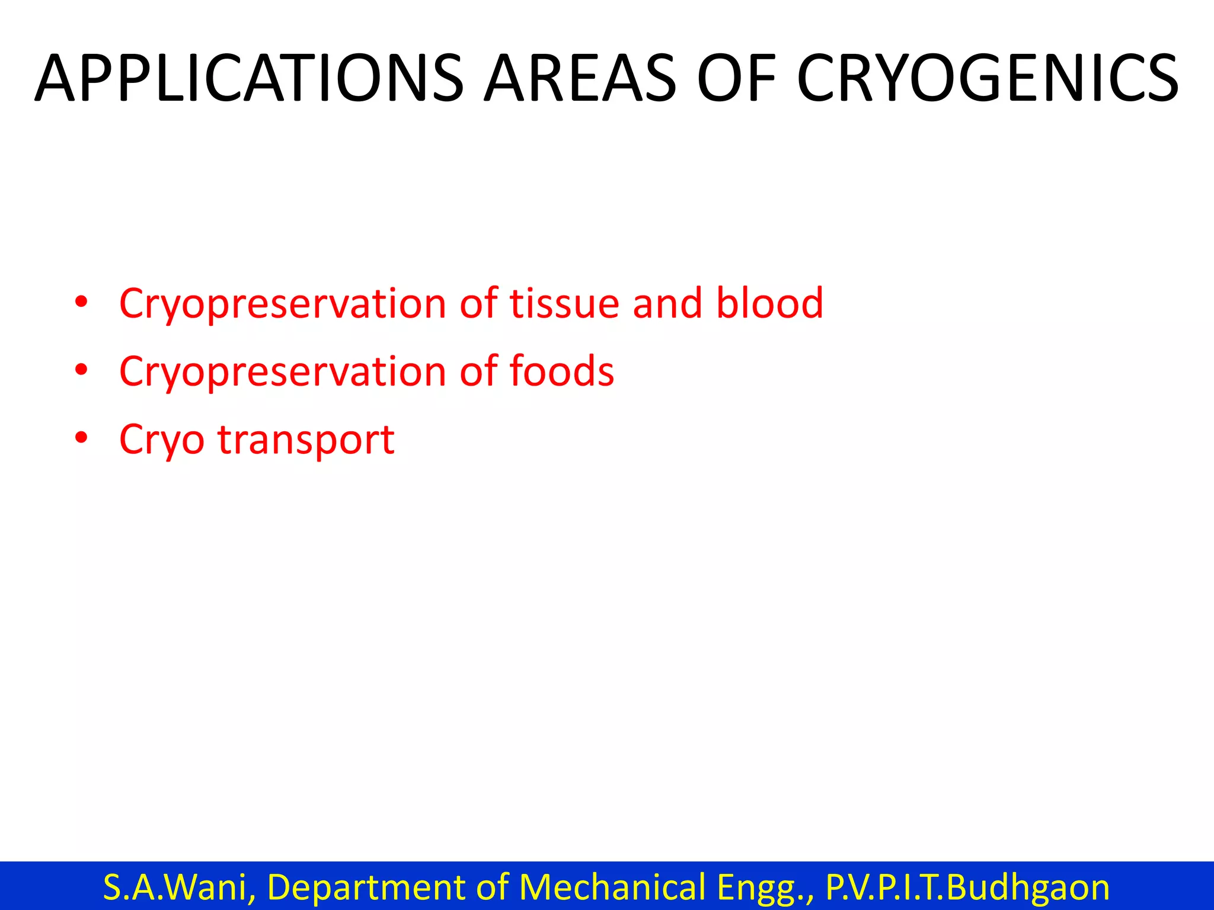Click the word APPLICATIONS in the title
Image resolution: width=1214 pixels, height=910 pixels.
(249, 79)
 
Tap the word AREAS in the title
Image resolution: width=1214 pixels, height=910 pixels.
(580, 79)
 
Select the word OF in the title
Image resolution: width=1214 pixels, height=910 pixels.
(736, 79)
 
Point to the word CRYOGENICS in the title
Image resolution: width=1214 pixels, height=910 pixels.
(988, 79)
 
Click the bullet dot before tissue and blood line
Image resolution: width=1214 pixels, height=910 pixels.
(82, 302)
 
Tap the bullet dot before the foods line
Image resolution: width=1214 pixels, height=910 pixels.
(82, 370)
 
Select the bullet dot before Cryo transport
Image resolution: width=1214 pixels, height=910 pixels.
(82, 438)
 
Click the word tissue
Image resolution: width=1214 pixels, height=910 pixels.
(564, 303)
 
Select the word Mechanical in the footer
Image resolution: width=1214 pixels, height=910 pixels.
(612, 887)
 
